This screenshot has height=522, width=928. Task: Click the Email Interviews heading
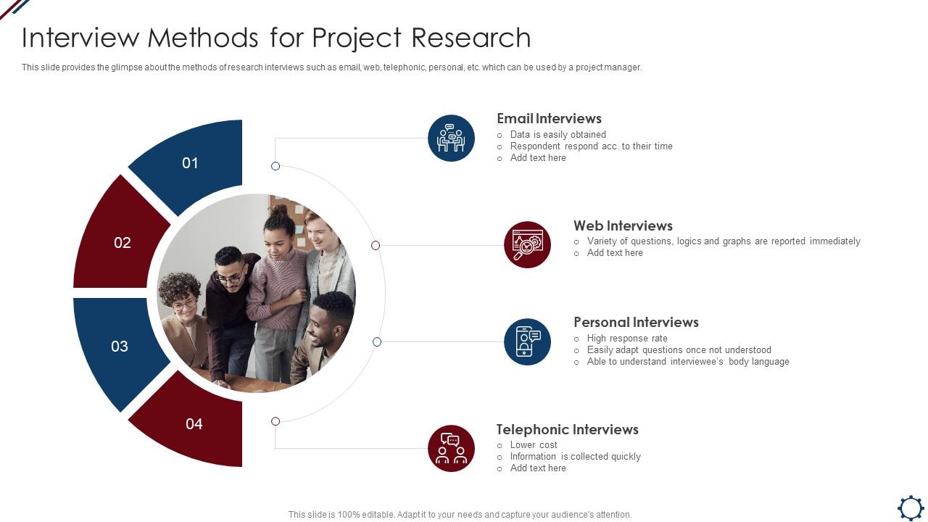(549, 118)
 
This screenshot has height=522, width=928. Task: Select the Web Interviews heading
(623, 225)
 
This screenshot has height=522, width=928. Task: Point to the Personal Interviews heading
(636, 323)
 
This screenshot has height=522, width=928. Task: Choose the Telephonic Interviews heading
(567, 430)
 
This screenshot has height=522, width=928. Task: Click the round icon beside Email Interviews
(451, 138)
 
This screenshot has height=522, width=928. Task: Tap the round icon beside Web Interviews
(527, 244)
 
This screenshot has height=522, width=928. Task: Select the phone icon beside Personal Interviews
(527, 341)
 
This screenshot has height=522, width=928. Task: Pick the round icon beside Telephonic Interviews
(451, 448)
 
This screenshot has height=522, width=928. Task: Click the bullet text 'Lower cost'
(534, 445)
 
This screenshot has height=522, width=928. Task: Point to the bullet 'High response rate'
(627, 339)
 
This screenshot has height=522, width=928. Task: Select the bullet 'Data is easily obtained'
(558, 135)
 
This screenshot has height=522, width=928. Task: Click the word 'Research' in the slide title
(471, 38)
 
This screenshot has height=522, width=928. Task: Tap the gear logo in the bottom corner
(911, 507)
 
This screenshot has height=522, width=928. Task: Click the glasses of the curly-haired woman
(184, 305)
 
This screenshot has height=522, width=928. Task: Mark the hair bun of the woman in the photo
(278, 210)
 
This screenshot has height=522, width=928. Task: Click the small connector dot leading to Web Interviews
(376, 246)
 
